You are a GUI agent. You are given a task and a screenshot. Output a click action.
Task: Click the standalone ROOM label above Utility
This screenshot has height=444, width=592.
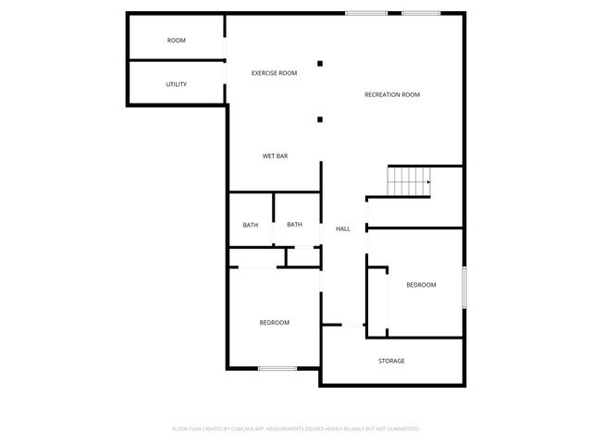point(176,41)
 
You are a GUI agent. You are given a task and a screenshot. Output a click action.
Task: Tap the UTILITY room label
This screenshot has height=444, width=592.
point(176,84)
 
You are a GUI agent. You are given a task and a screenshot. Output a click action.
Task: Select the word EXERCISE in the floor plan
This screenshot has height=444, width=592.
point(265,73)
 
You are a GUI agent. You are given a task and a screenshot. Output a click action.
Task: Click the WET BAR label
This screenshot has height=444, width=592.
point(275,156)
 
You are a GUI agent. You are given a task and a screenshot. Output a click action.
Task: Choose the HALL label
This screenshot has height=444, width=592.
point(343,228)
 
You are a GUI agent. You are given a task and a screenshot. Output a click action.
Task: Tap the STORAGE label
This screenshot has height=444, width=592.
point(391,361)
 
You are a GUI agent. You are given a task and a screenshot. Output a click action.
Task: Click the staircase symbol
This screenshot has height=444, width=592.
point(408,181)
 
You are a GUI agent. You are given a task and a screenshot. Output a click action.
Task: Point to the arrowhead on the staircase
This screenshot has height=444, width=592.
point(429,183)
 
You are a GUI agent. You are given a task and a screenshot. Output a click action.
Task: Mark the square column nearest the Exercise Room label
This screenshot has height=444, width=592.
point(320,64)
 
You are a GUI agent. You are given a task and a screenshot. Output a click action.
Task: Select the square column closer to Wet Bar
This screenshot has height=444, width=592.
point(320,118)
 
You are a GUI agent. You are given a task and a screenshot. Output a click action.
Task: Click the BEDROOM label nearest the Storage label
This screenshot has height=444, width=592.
point(421,285)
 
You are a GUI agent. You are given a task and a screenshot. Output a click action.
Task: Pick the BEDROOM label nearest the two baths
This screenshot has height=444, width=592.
point(274,323)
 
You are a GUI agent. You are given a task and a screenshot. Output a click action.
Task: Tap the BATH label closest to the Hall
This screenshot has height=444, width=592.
point(294,225)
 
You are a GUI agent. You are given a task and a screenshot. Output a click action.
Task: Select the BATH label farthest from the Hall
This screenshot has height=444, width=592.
point(251,225)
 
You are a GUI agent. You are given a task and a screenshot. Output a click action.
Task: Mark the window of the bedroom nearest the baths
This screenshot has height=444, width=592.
point(277,368)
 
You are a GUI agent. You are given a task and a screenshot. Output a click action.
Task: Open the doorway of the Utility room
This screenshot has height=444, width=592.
point(227,84)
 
